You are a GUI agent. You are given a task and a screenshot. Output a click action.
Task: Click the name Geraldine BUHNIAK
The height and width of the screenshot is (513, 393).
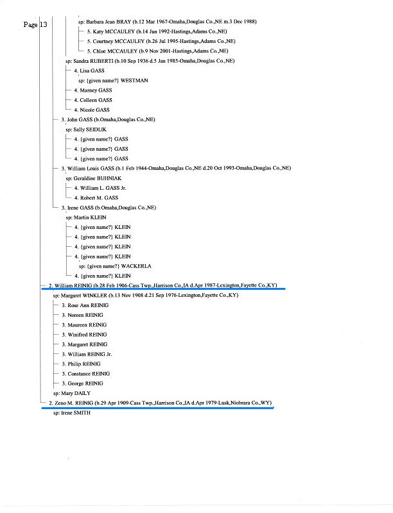tap(97, 178)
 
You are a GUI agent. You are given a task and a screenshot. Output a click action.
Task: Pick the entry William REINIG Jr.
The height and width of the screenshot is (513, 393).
tap(87, 354)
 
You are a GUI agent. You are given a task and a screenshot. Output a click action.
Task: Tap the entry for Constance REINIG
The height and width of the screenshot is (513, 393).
tap(86, 373)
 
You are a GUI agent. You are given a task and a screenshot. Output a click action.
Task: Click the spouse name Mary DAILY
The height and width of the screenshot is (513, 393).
tap(76, 393)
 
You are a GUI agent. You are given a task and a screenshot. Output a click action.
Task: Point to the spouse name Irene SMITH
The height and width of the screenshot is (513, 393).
tap(76, 413)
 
